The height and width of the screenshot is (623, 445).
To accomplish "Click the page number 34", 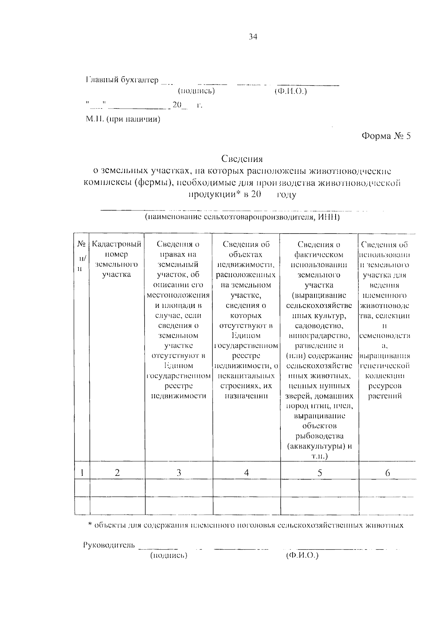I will [253, 37].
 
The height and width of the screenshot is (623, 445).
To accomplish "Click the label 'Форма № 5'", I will [386, 136].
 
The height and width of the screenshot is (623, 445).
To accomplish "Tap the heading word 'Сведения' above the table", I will [242, 159].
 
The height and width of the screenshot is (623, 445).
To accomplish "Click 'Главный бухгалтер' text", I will [122, 80].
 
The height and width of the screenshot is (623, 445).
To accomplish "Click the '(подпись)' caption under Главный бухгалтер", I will [196, 91].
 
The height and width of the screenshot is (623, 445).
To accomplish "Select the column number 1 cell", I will [82, 473].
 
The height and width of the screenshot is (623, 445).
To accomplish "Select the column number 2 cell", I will [117, 473].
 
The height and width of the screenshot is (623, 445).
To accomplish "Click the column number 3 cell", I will [179, 473].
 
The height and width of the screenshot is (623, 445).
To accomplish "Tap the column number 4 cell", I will [246, 473].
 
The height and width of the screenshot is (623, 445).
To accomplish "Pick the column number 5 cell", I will [320, 473].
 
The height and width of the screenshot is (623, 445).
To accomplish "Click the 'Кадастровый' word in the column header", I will [116, 244].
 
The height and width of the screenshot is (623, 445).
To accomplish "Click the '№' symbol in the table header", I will [82, 244].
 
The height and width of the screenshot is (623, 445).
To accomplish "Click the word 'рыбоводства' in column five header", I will [319, 436].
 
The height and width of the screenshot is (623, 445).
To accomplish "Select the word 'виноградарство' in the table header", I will [319, 336].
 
